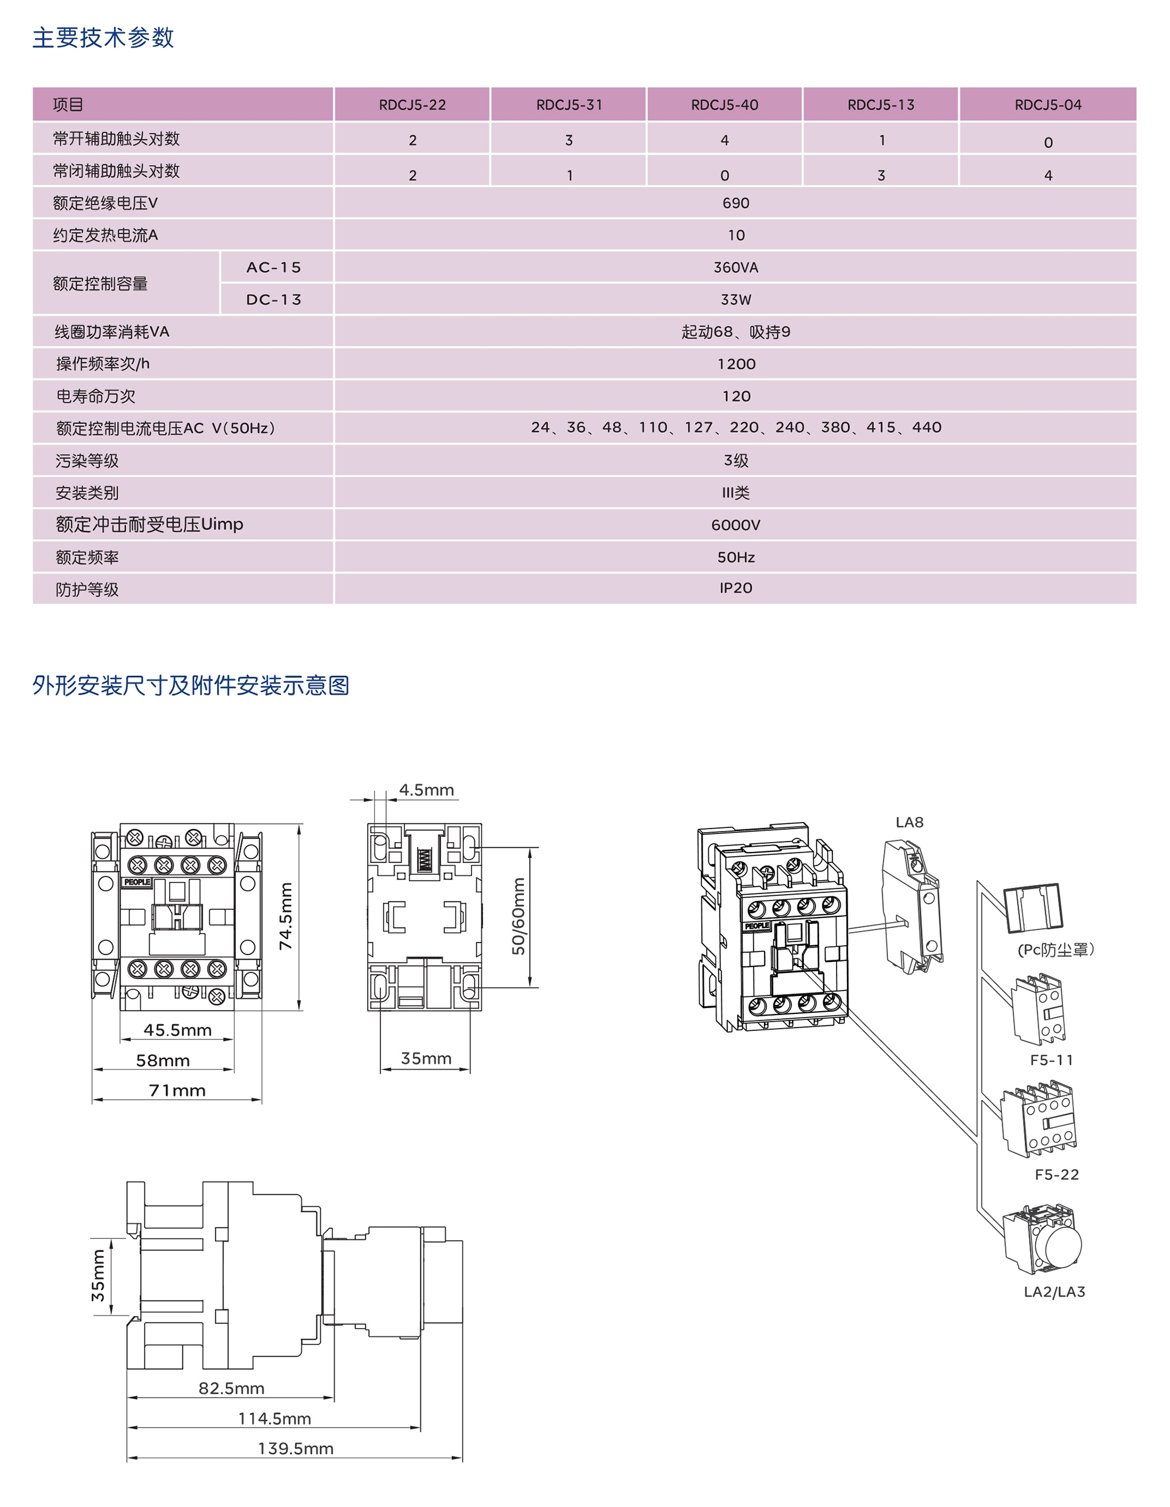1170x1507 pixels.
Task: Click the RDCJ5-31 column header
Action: [569, 105]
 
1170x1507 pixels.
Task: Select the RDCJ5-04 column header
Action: [1047, 105]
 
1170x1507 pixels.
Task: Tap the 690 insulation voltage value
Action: [735, 203]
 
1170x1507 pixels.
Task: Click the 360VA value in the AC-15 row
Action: [735, 268]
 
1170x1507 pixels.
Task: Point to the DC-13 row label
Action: [274, 299]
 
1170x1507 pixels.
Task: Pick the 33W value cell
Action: [735, 299]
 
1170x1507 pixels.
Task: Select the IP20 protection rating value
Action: [735, 588]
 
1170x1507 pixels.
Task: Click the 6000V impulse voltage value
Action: [735, 525]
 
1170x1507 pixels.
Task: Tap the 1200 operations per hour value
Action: [736, 364]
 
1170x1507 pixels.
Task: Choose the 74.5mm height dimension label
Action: [285, 916]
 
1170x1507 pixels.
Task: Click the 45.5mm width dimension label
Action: [177, 1030]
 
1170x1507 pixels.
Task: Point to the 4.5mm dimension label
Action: [426, 790]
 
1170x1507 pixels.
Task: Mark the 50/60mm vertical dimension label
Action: [518, 916]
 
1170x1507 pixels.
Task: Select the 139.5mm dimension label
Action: [295, 1449]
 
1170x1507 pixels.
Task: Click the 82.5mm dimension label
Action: [231, 1388]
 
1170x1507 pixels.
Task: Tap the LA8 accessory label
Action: [909, 822]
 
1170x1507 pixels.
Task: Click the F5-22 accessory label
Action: [1056, 1174]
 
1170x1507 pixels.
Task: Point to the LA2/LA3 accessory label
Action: [1054, 1292]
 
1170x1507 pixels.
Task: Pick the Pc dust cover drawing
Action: [1033, 906]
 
